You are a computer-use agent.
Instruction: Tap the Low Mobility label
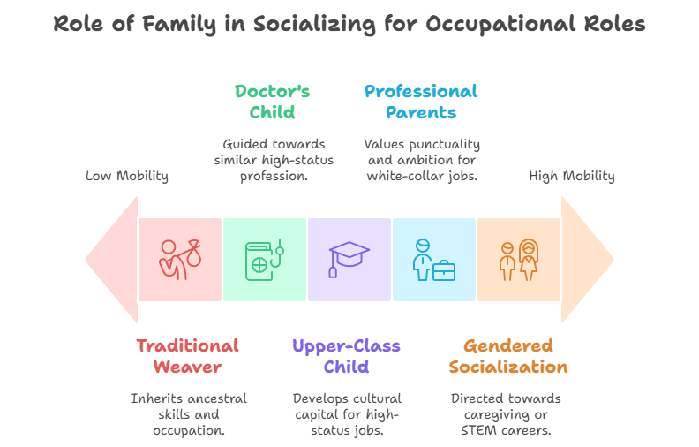(126, 176)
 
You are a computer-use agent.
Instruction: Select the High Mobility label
(571, 176)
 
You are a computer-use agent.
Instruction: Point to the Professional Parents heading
(421, 102)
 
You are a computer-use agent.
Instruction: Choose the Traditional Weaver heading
(187, 356)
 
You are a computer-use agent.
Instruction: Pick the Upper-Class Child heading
(345, 356)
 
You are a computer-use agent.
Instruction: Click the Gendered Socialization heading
(507, 356)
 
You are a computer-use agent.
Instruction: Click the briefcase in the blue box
(443, 269)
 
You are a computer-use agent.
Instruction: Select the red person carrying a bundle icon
(179, 260)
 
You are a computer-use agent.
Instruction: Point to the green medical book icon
(263, 260)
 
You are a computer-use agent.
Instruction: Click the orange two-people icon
(518, 260)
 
